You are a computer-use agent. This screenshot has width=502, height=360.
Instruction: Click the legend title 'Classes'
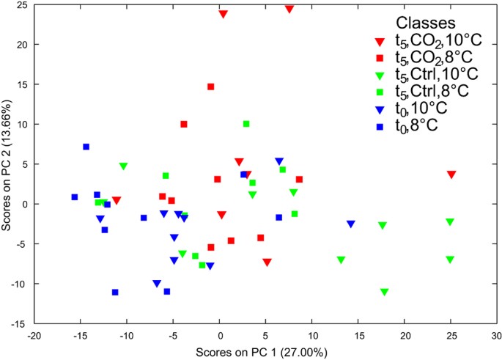click(425, 23)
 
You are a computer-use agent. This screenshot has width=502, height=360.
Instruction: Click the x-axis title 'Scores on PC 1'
click(257, 353)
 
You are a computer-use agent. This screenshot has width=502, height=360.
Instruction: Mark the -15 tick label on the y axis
click(19, 323)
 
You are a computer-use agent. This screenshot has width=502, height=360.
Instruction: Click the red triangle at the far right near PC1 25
click(451, 175)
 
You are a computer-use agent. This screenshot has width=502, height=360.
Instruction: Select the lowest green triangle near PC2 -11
click(384, 292)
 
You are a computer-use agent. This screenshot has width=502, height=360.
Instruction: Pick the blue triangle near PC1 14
click(351, 224)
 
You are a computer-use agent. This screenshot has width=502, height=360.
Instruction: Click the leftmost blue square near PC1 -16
click(74, 197)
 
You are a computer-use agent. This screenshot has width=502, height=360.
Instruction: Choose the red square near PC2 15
click(210, 87)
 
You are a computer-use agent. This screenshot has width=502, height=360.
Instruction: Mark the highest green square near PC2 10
click(246, 124)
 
